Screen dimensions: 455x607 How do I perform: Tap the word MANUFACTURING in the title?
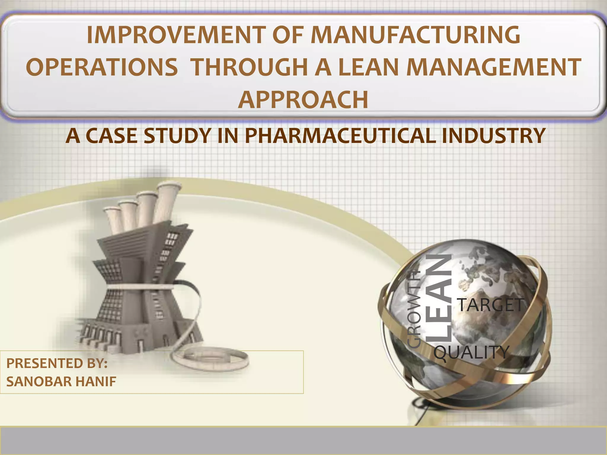point(415,35)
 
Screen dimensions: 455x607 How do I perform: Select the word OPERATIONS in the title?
point(102,67)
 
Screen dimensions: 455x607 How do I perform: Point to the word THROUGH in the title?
point(250,67)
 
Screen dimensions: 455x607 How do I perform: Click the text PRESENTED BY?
point(57,363)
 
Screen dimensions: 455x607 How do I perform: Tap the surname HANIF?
point(95,382)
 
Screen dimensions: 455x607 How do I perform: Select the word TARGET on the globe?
point(490,305)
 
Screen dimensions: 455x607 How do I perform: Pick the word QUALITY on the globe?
point(471,353)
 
